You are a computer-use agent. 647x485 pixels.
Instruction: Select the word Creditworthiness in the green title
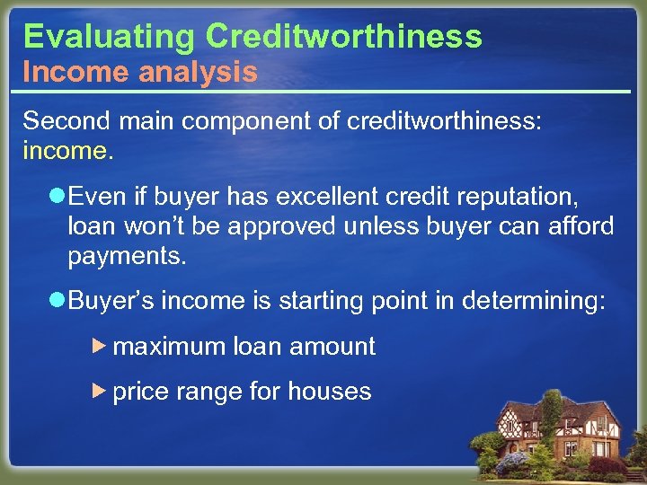343,36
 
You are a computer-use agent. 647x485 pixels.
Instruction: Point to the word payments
127,257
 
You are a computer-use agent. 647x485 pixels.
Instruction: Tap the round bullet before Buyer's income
58,301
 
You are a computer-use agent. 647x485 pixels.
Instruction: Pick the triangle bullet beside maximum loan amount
101,346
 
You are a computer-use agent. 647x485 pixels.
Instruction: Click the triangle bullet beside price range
101,391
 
